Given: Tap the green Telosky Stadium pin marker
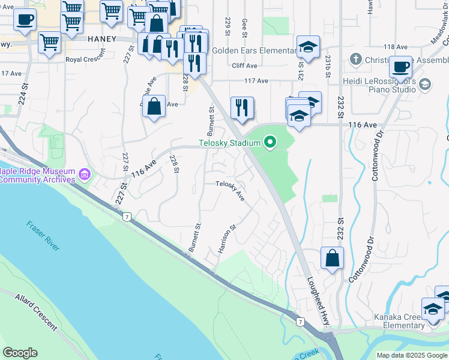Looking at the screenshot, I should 270,142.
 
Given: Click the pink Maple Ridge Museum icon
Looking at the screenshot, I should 85,175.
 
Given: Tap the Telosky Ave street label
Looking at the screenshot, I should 231,190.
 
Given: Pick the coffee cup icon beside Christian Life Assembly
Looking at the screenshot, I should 400,66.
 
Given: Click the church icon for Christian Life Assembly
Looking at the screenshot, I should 356,59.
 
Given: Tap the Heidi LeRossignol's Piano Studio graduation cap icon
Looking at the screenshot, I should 425,84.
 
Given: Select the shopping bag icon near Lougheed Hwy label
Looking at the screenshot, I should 332,259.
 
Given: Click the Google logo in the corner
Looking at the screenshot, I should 20,353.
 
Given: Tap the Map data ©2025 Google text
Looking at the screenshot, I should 412,355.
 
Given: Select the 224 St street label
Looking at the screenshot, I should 23,95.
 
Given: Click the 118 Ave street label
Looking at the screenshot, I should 395,47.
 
